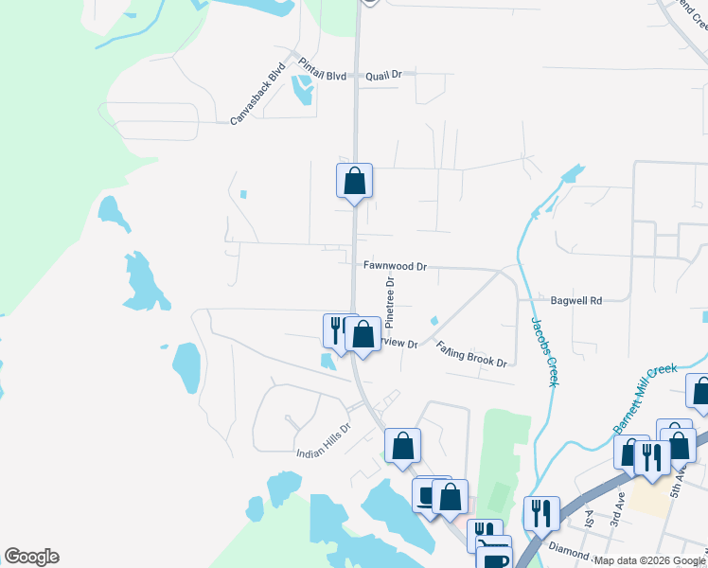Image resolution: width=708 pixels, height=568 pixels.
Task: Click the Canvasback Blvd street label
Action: pyautogui.click(x=258, y=96)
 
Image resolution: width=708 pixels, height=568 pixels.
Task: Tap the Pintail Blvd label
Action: pyautogui.click(x=323, y=72)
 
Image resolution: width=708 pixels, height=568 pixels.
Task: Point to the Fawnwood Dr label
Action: pyautogui.click(x=395, y=267)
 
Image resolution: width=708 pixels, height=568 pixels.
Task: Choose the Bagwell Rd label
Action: pyautogui.click(x=576, y=301)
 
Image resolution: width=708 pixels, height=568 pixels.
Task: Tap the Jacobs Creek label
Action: pyautogui.click(x=543, y=351)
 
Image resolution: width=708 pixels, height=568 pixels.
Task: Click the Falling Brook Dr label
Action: pyautogui.click(x=472, y=355)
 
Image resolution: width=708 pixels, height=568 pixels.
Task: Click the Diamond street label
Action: pyautogui.click(x=567, y=549)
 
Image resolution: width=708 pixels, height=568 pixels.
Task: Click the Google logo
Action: pyautogui.click(x=31, y=557)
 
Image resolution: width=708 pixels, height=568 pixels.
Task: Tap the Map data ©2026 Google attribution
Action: pyautogui.click(x=649, y=560)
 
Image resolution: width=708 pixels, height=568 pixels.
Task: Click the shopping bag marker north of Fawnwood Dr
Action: pyautogui.click(x=354, y=181)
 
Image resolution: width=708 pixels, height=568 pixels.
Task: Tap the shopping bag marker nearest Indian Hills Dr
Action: pyautogui.click(x=402, y=446)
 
